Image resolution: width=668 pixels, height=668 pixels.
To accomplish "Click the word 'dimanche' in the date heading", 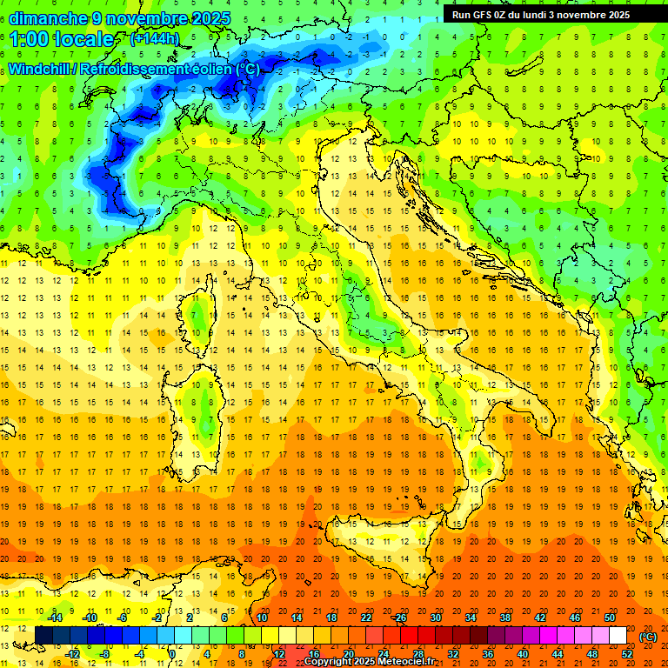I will tap(47, 18).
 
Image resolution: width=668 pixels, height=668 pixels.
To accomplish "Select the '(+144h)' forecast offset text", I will tap(154, 39).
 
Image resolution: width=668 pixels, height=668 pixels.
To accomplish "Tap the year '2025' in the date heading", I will tap(210, 18).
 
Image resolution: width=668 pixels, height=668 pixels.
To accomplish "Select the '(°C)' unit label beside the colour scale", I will tap(647, 637).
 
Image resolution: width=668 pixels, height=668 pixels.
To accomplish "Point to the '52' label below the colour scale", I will tap(628, 654).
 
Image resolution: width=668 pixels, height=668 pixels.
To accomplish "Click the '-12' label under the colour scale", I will tap(72, 654).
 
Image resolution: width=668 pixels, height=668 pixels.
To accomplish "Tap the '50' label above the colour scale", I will tap(610, 618).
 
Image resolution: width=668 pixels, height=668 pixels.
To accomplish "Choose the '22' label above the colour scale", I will tap(366, 618).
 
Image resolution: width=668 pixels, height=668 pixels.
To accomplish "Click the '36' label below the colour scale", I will tap(488, 654).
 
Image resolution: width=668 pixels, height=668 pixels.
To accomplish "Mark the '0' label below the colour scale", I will tap(173, 654).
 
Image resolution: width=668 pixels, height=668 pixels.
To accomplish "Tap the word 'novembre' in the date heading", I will tap(139, 18).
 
